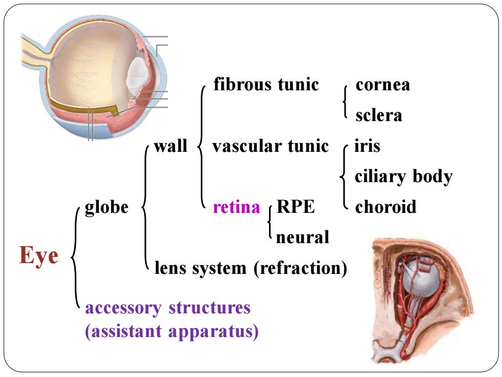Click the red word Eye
tap(39, 255)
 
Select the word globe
tap(107, 207)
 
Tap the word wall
tap(170, 146)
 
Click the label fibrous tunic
tap(266, 85)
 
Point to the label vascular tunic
tap(270, 146)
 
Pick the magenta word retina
tap(237, 207)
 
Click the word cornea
tap(383, 85)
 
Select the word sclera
tap(379, 115)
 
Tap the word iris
tap(367, 146)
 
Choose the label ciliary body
tap(404, 176)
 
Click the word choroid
tap(386, 207)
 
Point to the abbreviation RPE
tap(296, 207)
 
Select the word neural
tap(303, 237)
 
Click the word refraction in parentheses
tap(301, 268)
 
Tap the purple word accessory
tap(123, 308)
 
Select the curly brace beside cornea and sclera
tap(344, 102)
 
